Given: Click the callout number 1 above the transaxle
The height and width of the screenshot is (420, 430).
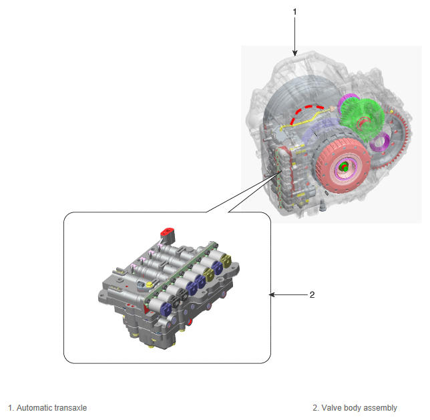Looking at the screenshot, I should pos(295,12).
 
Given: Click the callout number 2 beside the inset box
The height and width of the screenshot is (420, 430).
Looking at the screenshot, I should pos(312,294).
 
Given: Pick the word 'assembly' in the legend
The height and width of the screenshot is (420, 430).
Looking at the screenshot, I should pos(381,407).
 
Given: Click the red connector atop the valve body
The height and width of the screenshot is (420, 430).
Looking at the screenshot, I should pos(166,233).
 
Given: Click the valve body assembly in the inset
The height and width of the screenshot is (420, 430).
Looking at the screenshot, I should pos(167,294).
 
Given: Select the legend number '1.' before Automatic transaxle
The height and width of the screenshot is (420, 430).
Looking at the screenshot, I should pos(11,407).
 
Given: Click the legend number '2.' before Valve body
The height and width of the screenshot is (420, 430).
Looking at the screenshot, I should pos(315,407).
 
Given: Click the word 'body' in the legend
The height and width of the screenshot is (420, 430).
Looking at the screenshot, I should pos(354,407).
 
